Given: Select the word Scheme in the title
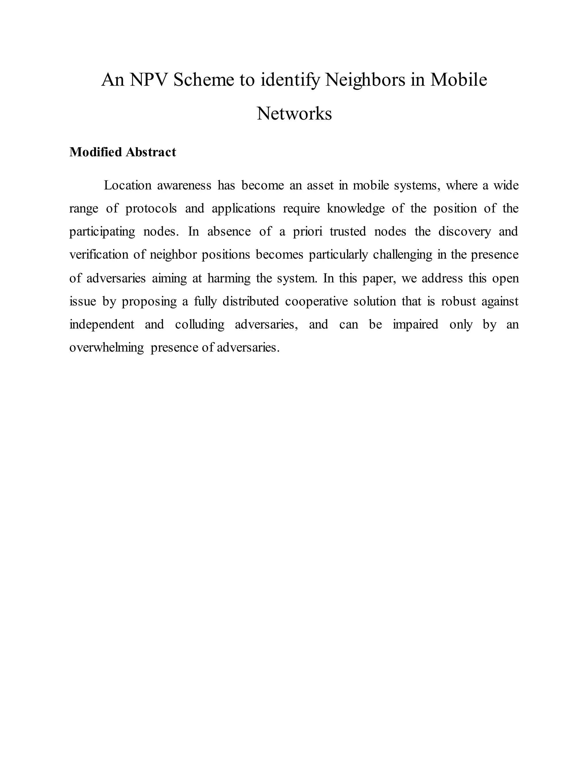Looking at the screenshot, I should coord(204,80).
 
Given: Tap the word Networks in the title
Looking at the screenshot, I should coord(294,114).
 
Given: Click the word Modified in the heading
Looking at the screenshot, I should coord(95,152).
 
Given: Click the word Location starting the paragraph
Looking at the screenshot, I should coord(127,186).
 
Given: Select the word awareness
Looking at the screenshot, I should coord(184,186).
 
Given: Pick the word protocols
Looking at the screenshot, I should coord(151,208).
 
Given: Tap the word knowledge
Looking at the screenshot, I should coord(356,208).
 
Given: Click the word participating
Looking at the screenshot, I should coord(102,232).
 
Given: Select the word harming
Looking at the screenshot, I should coord(229,278).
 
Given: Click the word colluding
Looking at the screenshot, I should coord(200,325).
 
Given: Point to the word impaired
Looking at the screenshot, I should coord(415,325).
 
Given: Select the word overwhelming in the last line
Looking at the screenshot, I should coord(107,348).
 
